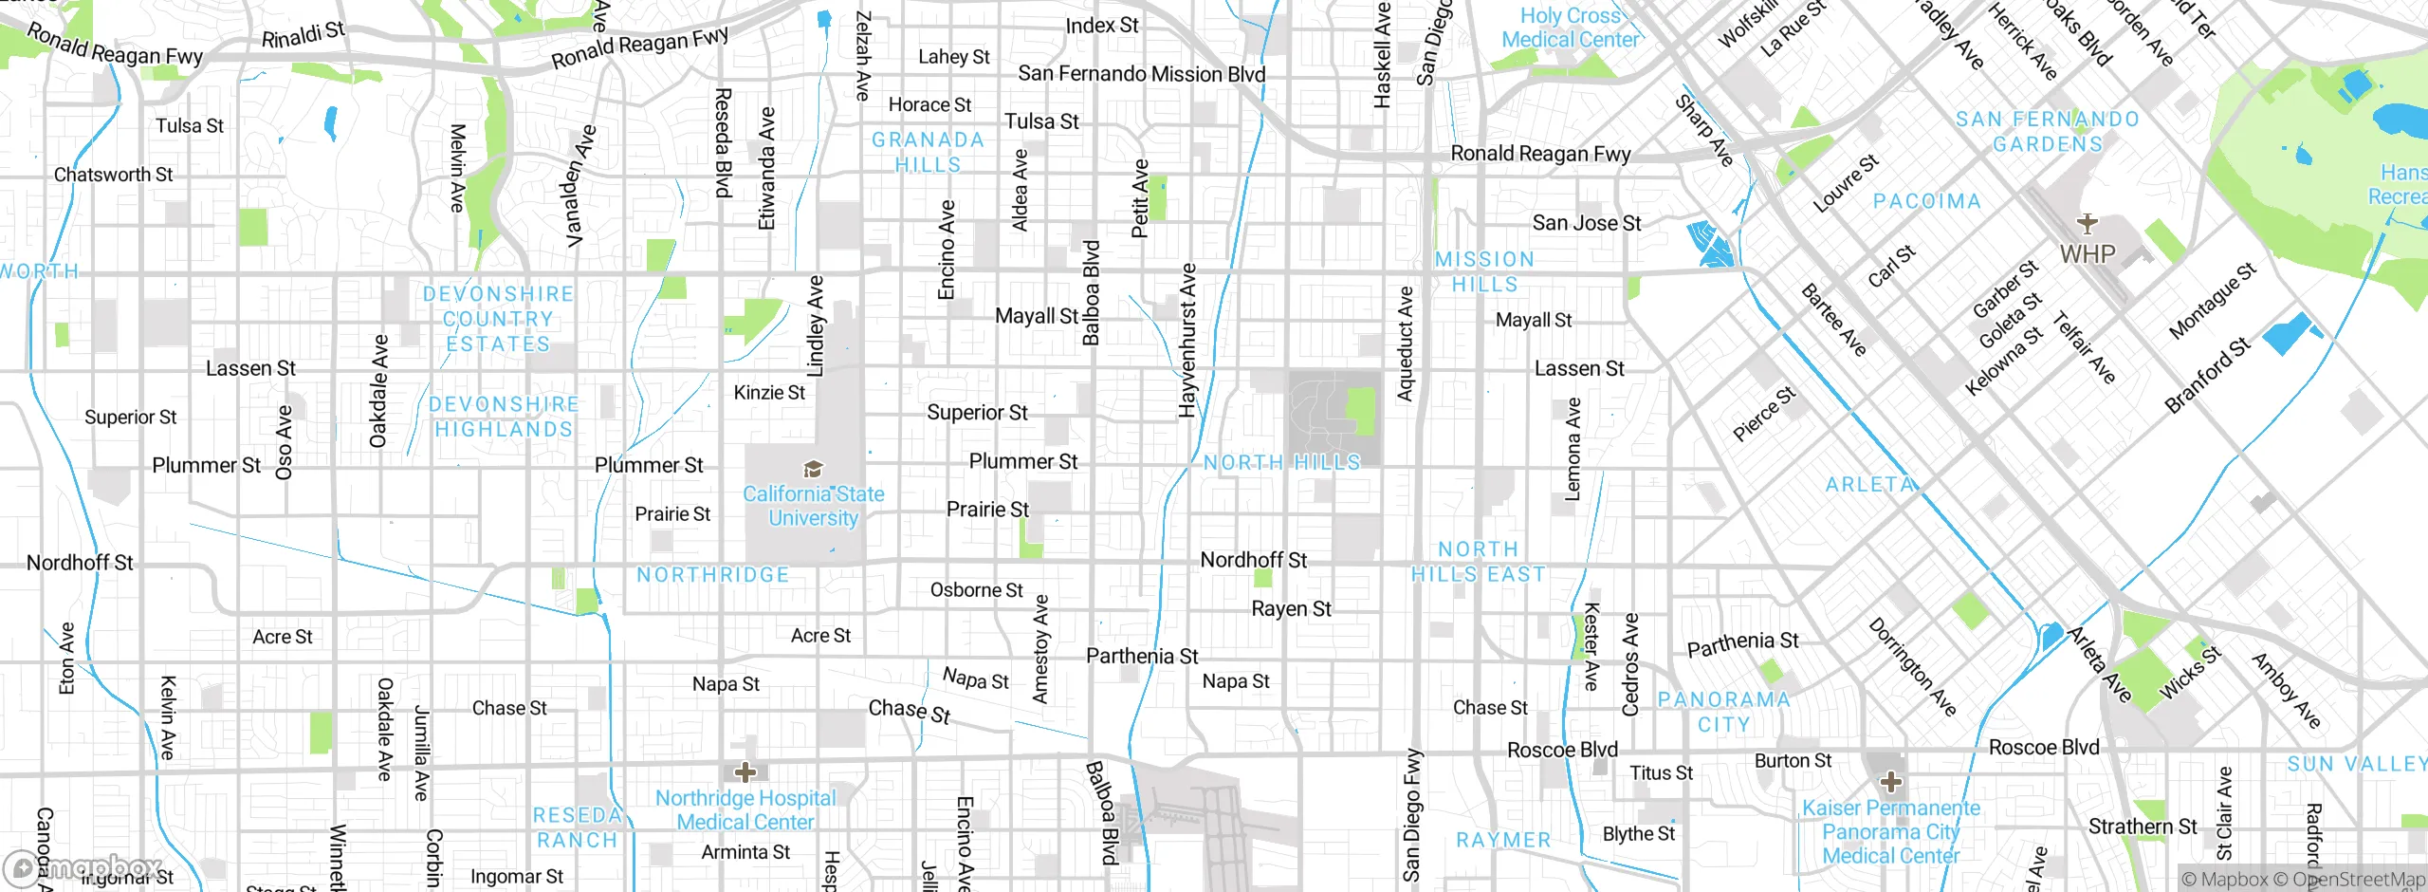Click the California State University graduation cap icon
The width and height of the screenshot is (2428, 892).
(813, 469)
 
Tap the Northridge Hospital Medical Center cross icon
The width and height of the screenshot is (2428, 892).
(745, 771)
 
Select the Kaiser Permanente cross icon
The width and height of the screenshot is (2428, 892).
(1890, 782)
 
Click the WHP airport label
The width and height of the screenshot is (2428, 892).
(2088, 254)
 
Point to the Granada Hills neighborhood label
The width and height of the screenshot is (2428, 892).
(928, 152)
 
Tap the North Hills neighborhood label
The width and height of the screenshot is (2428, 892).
(1281, 462)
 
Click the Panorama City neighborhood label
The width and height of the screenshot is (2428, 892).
(1723, 712)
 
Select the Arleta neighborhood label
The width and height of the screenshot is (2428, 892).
(1870, 484)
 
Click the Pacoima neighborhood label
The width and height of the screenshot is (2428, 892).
(1926, 201)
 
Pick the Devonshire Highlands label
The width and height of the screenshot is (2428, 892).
(504, 417)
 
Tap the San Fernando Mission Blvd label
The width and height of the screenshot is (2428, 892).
(1141, 74)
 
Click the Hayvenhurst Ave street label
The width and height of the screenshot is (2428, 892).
(1186, 341)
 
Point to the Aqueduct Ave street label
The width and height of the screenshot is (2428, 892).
(1405, 343)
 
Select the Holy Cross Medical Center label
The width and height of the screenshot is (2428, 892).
(1570, 28)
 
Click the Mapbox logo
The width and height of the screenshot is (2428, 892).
(83, 866)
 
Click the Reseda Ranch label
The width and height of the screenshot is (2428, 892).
(577, 827)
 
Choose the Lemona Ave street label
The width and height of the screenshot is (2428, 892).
(1573, 449)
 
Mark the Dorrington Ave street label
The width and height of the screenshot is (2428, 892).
(1912, 666)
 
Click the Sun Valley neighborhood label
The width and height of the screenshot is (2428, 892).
(2356, 764)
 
